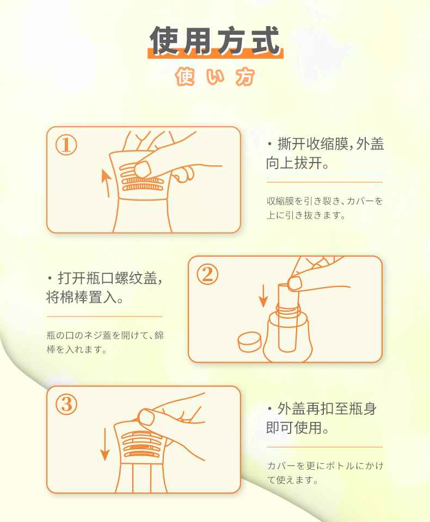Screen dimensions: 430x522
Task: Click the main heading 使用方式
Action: point(215,41)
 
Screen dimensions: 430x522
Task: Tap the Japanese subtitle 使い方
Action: point(215,77)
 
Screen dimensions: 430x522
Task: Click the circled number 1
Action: point(66,145)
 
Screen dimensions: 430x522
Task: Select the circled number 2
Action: point(207,274)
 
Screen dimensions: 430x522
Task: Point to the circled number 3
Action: point(66,405)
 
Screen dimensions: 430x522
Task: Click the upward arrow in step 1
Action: point(106,183)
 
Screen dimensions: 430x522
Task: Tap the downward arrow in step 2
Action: point(263,296)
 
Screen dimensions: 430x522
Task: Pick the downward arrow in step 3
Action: point(105,444)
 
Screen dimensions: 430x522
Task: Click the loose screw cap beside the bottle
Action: point(249,342)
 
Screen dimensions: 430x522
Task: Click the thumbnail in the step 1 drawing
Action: point(143,169)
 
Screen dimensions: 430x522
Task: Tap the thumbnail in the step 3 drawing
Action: point(146,417)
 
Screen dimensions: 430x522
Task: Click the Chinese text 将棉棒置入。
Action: point(85,297)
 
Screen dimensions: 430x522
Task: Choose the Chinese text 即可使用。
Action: point(298,427)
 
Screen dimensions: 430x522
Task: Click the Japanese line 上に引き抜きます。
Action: point(306,215)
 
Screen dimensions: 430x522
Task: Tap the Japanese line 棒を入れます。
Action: point(77,350)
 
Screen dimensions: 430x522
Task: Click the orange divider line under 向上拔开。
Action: point(324,183)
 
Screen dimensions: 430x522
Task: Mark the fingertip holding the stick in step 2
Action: point(294,284)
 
